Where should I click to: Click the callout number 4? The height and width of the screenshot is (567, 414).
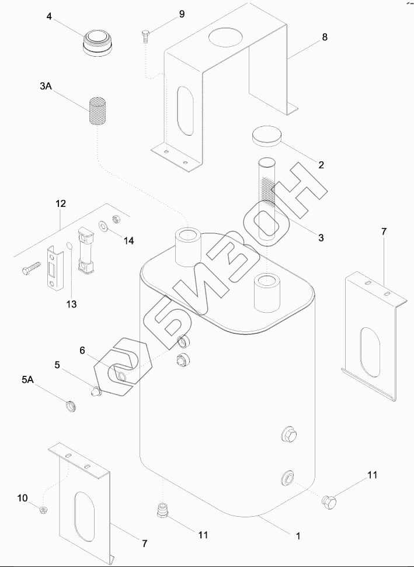[50, 17]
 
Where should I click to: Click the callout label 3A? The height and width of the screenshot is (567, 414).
[46, 87]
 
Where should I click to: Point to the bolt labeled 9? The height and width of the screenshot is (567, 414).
[145, 37]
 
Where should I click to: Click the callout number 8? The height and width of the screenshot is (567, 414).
[325, 37]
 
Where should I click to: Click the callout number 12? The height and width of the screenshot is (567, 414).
[61, 204]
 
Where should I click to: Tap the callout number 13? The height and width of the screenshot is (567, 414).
[71, 305]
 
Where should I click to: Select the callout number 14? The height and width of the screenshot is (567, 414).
[128, 241]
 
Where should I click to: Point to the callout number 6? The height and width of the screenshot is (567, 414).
[82, 350]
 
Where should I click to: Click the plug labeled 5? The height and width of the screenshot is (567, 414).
[95, 391]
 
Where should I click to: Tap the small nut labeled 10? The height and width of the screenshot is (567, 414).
[43, 510]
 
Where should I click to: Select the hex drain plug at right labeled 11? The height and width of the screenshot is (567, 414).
[330, 501]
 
